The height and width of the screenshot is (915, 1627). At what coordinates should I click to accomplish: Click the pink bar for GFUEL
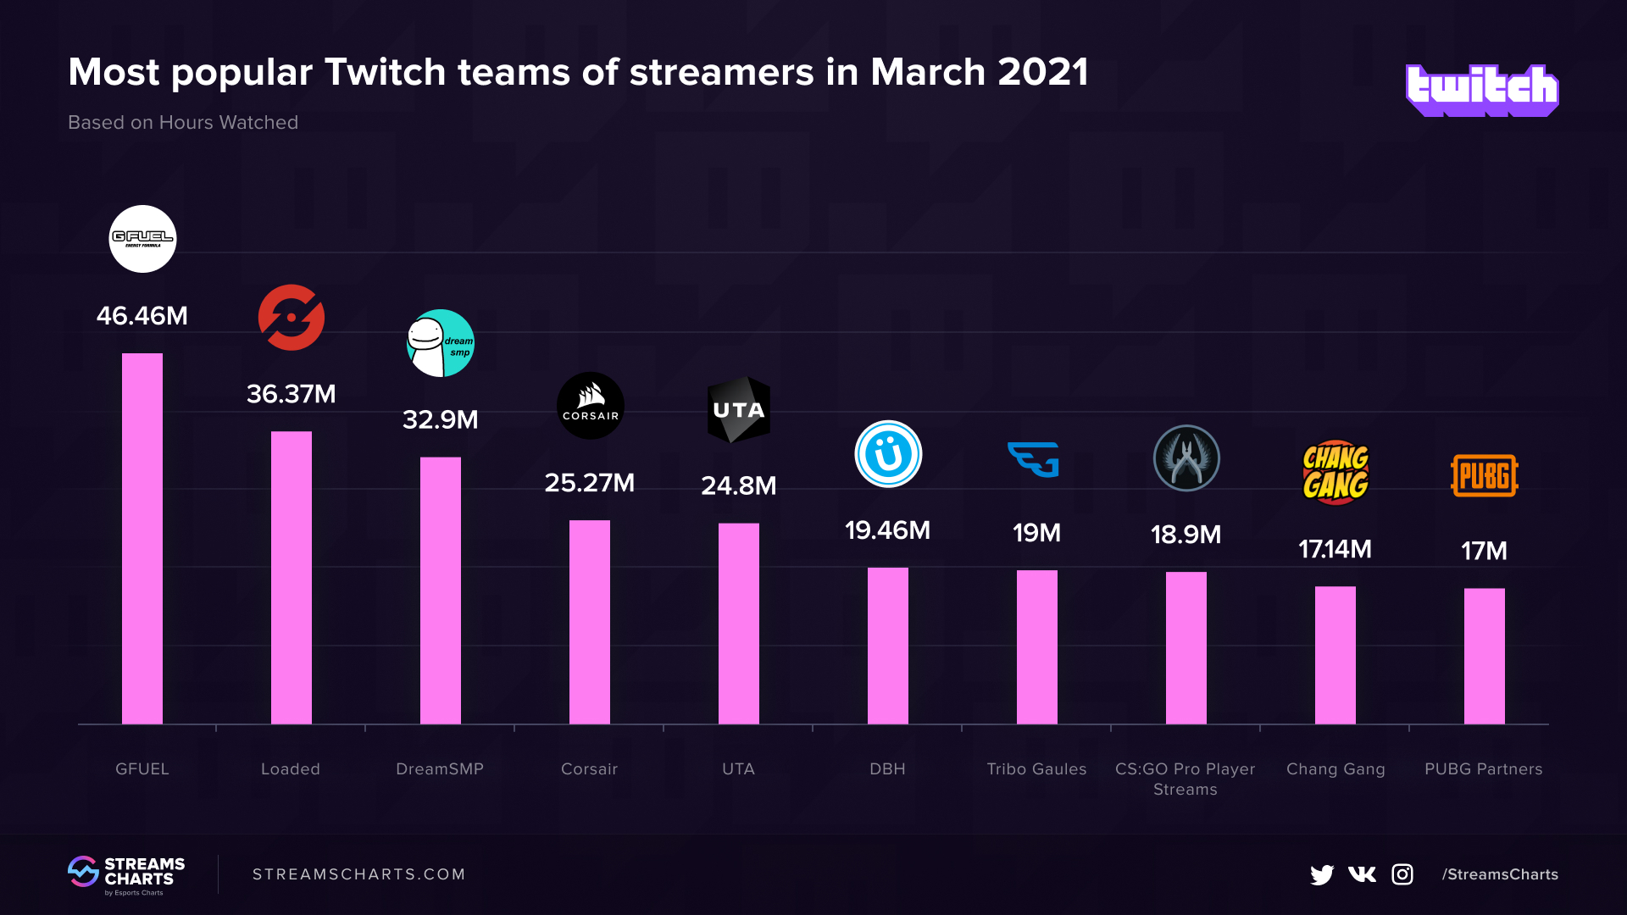click(x=142, y=539)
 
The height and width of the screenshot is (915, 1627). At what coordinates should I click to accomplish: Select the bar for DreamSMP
click(x=441, y=591)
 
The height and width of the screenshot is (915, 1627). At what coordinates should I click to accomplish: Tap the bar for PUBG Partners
click(x=1484, y=656)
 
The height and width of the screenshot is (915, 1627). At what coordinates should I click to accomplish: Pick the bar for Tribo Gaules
click(x=1036, y=647)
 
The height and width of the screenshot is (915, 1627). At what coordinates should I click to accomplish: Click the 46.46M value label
click(x=142, y=316)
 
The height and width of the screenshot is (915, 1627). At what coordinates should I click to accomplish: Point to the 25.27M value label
click(x=589, y=483)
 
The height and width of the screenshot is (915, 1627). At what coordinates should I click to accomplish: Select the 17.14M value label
click(x=1335, y=549)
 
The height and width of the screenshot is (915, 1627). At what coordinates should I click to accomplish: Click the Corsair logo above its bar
click(x=590, y=406)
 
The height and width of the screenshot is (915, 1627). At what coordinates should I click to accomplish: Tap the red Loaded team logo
click(x=292, y=318)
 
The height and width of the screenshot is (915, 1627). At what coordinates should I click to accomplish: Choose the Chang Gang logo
click(x=1335, y=472)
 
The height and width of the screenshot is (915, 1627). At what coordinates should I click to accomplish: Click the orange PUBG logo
click(x=1484, y=475)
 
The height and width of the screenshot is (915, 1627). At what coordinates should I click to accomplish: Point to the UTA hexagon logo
click(x=739, y=410)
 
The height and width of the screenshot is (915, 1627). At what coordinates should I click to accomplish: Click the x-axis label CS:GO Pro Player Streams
click(x=1185, y=779)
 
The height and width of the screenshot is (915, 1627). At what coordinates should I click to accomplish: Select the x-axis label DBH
click(x=887, y=769)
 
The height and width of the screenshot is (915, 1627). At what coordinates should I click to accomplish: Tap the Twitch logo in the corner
click(x=1481, y=90)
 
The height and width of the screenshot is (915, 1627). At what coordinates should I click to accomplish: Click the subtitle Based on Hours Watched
click(x=183, y=123)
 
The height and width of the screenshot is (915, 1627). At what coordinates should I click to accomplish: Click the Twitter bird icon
click(x=1321, y=874)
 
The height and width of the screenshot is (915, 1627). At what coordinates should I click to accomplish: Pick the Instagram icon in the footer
click(x=1402, y=874)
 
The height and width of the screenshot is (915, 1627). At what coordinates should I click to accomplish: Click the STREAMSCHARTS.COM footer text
click(x=359, y=874)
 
